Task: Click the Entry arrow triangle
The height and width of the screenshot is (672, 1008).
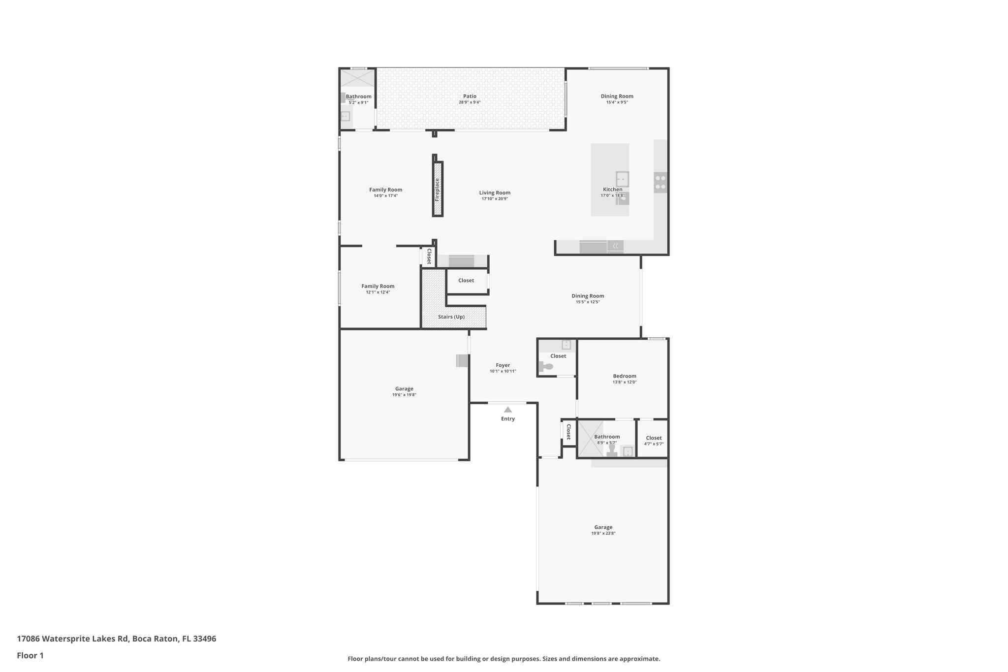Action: pos(508,410)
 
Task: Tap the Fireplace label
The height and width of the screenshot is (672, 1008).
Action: pos(437,190)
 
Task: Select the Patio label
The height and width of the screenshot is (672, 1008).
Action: pos(470,96)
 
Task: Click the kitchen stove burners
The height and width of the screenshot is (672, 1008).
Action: pos(660,183)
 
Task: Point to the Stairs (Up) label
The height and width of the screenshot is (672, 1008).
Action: pos(451,317)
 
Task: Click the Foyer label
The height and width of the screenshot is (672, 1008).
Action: pos(503,365)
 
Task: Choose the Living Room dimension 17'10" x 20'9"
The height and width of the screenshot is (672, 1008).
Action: pos(495,199)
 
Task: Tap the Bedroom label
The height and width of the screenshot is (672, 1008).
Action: pos(624,376)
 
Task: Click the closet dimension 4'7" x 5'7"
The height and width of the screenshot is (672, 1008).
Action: pos(654,444)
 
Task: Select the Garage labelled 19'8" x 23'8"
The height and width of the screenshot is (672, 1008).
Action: pos(603,527)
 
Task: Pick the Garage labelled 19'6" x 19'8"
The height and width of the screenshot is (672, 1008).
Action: pos(404,389)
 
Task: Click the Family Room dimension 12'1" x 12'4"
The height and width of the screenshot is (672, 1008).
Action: pos(378,292)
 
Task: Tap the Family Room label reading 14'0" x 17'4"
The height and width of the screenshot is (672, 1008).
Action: pos(385,190)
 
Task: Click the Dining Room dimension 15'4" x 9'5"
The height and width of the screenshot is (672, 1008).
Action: pos(617,102)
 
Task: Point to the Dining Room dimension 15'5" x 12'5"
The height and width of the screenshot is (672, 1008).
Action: pos(588,302)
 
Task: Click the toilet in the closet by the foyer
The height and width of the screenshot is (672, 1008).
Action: pos(546,367)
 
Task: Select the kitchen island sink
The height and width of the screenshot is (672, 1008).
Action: pos(622,179)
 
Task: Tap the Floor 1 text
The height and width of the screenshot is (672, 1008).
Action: pos(30,655)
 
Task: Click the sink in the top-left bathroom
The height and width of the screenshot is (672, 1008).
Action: pos(346,117)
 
